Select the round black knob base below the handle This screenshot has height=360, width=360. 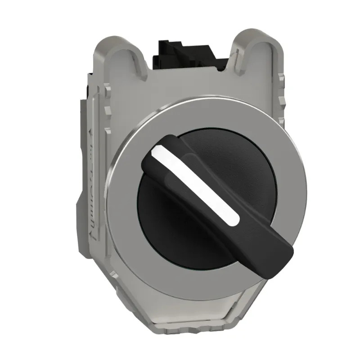(x=189, y=243)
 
